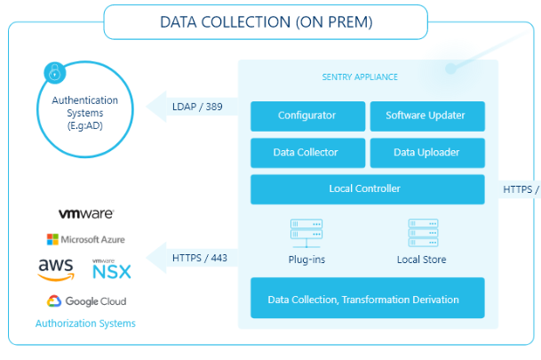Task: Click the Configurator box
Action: [307, 116]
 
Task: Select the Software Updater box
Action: [427, 116]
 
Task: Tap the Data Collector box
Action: [307, 153]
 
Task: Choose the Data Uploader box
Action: [427, 153]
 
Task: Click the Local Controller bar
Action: [368, 189]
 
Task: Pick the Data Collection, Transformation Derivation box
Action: [368, 298]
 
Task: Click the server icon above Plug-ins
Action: [306, 233]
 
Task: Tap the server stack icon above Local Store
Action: [423, 233]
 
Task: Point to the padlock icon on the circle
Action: [55, 73]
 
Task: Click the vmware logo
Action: [86, 213]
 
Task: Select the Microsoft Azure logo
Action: [86, 239]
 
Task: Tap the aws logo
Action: [56, 269]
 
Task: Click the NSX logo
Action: [112, 269]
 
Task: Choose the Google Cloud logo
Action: [86, 301]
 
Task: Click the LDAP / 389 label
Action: [197, 107]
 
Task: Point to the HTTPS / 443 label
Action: [199, 258]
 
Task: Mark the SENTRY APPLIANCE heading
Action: [360, 77]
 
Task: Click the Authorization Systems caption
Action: [85, 324]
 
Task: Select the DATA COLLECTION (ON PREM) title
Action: [267, 22]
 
